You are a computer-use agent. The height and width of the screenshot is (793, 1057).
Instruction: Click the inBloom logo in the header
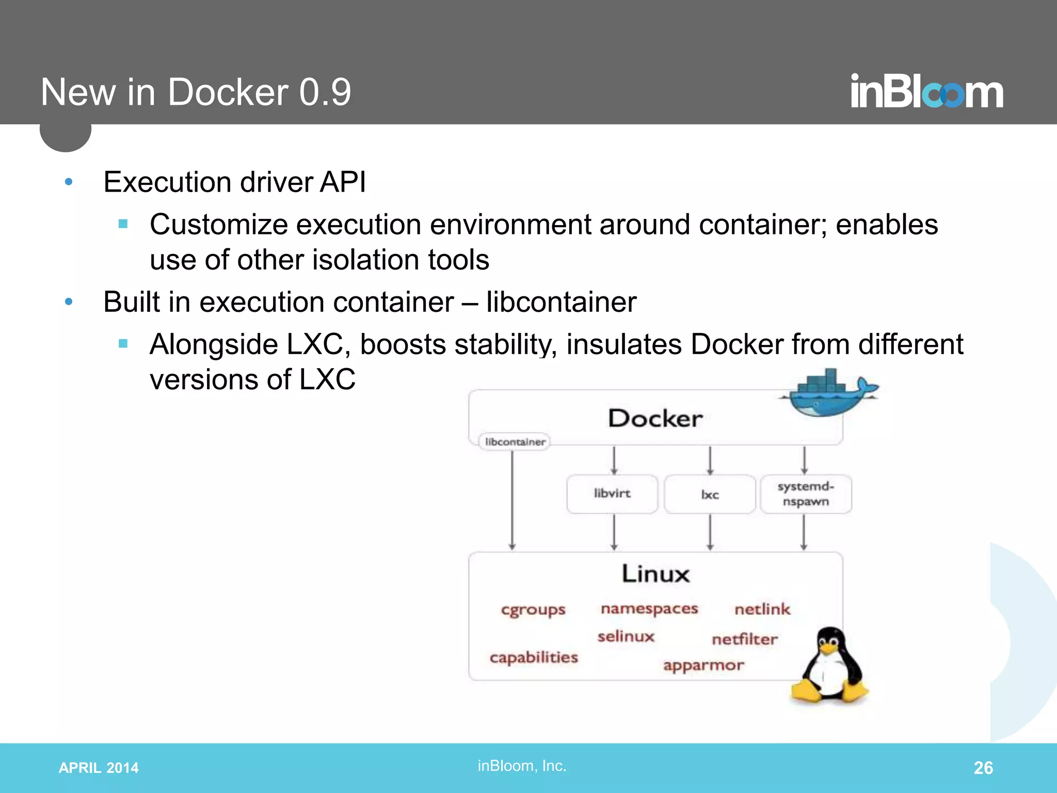(926, 92)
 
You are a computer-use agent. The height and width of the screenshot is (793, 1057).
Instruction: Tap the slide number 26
(983, 768)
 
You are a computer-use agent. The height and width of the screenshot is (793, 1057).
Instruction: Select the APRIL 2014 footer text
(99, 768)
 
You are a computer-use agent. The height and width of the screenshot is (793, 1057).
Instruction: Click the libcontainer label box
(515, 442)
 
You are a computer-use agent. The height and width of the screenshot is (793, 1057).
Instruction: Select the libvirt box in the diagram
(612, 494)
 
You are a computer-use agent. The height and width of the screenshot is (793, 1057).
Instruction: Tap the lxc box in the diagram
(710, 494)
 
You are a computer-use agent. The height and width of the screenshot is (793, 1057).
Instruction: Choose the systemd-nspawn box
(806, 494)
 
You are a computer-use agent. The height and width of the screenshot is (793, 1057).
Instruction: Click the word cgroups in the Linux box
(533, 610)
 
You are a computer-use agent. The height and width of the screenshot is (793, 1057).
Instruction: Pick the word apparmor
(703, 665)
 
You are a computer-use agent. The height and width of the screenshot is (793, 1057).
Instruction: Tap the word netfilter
(744, 640)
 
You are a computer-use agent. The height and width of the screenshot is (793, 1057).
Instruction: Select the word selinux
(626, 637)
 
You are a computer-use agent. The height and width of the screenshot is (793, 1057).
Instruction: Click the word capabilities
(534, 658)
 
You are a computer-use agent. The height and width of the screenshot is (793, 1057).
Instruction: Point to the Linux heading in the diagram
(655, 574)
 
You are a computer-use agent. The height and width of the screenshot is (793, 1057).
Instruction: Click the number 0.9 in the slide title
(325, 92)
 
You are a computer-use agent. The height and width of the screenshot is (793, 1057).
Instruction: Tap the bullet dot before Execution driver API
(69, 182)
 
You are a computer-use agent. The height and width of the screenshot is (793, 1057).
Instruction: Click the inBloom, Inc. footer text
(522, 766)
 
